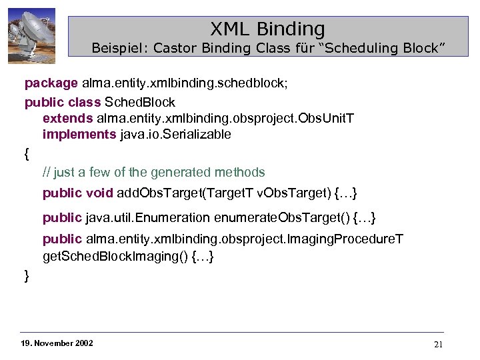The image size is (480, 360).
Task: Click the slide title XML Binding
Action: (267, 29)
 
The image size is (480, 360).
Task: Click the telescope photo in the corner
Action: (31, 36)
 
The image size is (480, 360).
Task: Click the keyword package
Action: (51, 84)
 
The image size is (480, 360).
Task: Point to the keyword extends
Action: (67, 118)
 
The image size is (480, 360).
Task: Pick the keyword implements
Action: (79, 134)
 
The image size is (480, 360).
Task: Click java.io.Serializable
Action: (175, 134)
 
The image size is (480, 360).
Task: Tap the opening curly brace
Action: (27, 154)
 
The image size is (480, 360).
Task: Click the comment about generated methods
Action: (153, 173)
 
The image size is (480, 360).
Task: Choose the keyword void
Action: (100, 193)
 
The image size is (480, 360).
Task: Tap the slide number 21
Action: (438, 344)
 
